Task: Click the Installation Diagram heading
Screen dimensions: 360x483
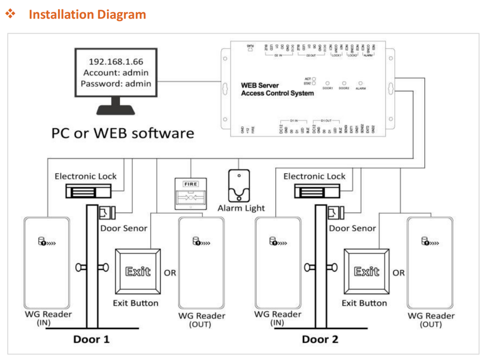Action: coord(87,14)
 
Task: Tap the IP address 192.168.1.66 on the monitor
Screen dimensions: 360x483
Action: coord(116,62)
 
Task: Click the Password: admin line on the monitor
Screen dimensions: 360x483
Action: coord(116,84)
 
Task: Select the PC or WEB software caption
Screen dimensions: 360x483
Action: coord(123,133)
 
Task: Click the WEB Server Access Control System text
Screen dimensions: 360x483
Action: coord(277,89)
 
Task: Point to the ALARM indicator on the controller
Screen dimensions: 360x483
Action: coord(360,84)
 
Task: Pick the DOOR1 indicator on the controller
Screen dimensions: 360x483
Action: coord(327,84)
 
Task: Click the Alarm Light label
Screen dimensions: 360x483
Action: coord(241,208)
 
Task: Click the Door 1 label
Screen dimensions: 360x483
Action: coord(91,340)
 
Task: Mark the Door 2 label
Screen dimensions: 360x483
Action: coord(320,340)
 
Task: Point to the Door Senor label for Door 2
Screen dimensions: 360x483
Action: coord(353,228)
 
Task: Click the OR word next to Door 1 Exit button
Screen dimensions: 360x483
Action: coord(170,273)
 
